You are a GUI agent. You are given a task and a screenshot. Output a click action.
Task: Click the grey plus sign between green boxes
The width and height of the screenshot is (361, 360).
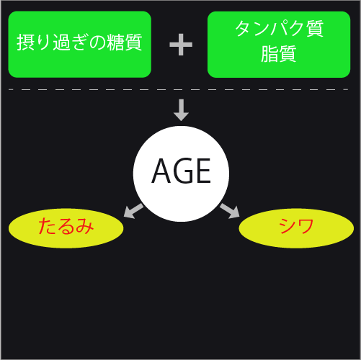pyautogui.click(x=181, y=45)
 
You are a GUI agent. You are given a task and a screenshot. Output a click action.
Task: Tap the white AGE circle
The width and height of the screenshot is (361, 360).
pyautogui.click(x=181, y=174)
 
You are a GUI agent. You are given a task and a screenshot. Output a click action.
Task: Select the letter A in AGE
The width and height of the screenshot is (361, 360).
pyautogui.click(x=161, y=171)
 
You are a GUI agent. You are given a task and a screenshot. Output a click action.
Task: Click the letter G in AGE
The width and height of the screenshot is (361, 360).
pyautogui.click(x=184, y=171)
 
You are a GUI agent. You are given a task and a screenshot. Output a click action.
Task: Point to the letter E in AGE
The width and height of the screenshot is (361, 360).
pyautogui.click(x=204, y=171)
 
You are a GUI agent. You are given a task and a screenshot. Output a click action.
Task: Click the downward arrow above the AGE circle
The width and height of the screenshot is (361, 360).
pyautogui.click(x=181, y=110)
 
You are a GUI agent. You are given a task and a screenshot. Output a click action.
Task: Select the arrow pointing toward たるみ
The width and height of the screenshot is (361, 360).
pyautogui.click(x=133, y=211)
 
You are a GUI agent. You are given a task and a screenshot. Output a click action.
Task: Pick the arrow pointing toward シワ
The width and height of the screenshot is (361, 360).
pyautogui.click(x=230, y=211)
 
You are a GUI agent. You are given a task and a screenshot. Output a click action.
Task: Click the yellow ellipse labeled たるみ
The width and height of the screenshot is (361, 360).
pyautogui.click(x=66, y=228)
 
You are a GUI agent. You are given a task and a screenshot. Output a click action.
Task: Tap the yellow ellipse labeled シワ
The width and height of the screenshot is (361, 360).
pyautogui.click(x=296, y=228)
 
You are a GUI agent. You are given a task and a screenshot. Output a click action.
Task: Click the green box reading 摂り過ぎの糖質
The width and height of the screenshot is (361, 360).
pyautogui.click(x=80, y=45)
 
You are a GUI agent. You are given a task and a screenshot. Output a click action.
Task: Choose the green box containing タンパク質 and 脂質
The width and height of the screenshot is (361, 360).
pyautogui.click(x=279, y=45)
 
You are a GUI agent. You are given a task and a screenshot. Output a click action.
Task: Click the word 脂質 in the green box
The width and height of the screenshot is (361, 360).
pyautogui.click(x=279, y=54)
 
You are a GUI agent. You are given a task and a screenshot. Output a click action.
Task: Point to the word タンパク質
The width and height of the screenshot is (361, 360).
pyautogui.click(x=280, y=28)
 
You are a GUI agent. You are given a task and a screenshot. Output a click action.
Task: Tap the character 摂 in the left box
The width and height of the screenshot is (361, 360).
pyautogui.click(x=25, y=42)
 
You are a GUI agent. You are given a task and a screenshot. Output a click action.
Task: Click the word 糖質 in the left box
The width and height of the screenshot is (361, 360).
pyautogui.click(x=125, y=42)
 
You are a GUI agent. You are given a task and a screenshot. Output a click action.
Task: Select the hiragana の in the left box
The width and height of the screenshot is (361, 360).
pyautogui.click(x=97, y=42)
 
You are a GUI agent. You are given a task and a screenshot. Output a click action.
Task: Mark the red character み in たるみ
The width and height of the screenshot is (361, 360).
pyautogui.click(x=84, y=226)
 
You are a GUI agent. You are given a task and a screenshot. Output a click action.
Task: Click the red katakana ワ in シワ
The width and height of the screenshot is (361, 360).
pyautogui.click(x=306, y=226)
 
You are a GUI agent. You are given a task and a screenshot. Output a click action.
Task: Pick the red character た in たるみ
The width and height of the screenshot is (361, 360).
pyautogui.click(x=48, y=226)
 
